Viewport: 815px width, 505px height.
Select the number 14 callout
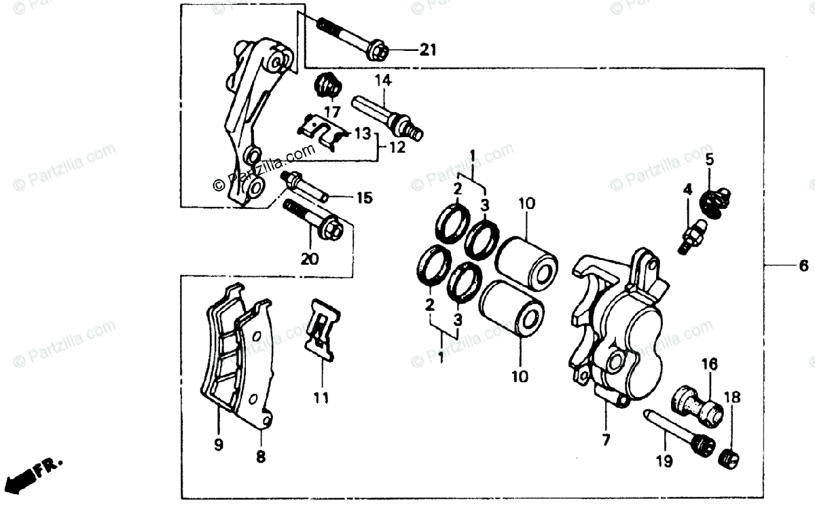[x=382, y=80]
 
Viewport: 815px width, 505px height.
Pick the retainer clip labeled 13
[x=325, y=130]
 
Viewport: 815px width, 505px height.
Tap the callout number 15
[x=364, y=198]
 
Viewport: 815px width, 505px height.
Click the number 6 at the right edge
[x=803, y=265]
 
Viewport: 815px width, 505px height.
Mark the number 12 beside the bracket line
[x=397, y=146]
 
